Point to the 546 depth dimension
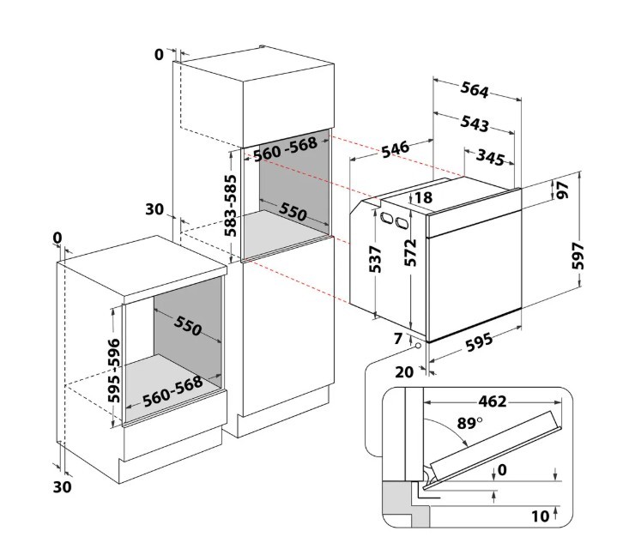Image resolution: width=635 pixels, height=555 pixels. tap(394, 149)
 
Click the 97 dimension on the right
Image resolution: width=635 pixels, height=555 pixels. tap(564, 191)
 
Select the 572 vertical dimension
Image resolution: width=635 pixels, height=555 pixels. tap(412, 255)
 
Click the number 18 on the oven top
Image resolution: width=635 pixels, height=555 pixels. tap(423, 198)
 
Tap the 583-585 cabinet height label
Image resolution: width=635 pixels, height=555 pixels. tap(230, 205)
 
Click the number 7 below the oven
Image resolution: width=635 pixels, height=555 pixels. tap(397, 339)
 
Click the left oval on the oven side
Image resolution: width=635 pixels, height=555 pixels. tap(384, 218)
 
